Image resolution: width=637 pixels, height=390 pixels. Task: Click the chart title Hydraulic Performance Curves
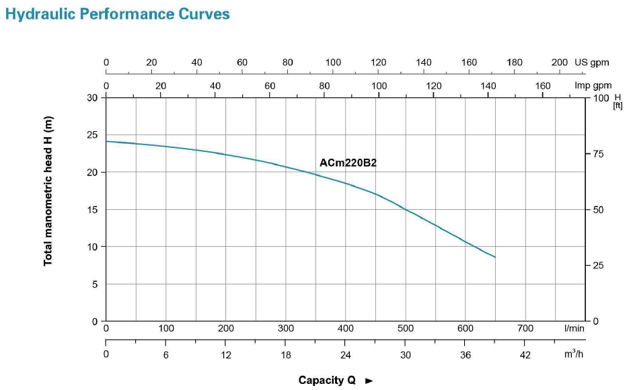pyautogui.click(x=118, y=14)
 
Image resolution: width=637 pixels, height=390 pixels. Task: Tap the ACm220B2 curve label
pyautogui.click(x=348, y=162)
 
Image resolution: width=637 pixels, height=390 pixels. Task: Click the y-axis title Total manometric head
pyautogui.click(x=48, y=191)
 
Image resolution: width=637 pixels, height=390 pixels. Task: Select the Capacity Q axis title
pyautogui.click(x=327, y=381)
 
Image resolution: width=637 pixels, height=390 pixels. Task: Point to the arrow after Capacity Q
pyautogui.click(x=369, y=381)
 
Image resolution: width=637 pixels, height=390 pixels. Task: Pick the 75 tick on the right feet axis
pyautogui.click(x=599, y=154)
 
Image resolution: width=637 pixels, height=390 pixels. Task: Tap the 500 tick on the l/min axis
pyautogui.click(x=406, y=329)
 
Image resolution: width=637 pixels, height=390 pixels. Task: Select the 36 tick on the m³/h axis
pyautogui.click(x=465, y=355)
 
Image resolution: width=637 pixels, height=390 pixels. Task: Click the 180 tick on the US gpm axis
pyautogui.click(x=514, y=63)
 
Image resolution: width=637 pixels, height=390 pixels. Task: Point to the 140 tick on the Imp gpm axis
pyautogui.click(x=488, y=86)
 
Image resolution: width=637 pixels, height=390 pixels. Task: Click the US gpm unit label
pyautogui.click(x=592, y=63)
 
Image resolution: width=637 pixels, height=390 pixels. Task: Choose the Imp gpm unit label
pyautogui.click(x=593, y=86)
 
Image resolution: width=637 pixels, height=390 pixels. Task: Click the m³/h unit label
pyautogui.click(x=574, y=354)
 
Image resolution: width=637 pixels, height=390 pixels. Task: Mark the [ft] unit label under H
pyautogui.click(x=617, y=106)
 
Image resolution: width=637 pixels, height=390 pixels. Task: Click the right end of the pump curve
pyautogui.click(x=495, y=258)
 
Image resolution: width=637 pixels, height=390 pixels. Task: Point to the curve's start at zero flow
pyautogui.click(x=106, y=141)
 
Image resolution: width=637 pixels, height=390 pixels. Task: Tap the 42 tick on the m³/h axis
pyautogui.click(x=525, y=355)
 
